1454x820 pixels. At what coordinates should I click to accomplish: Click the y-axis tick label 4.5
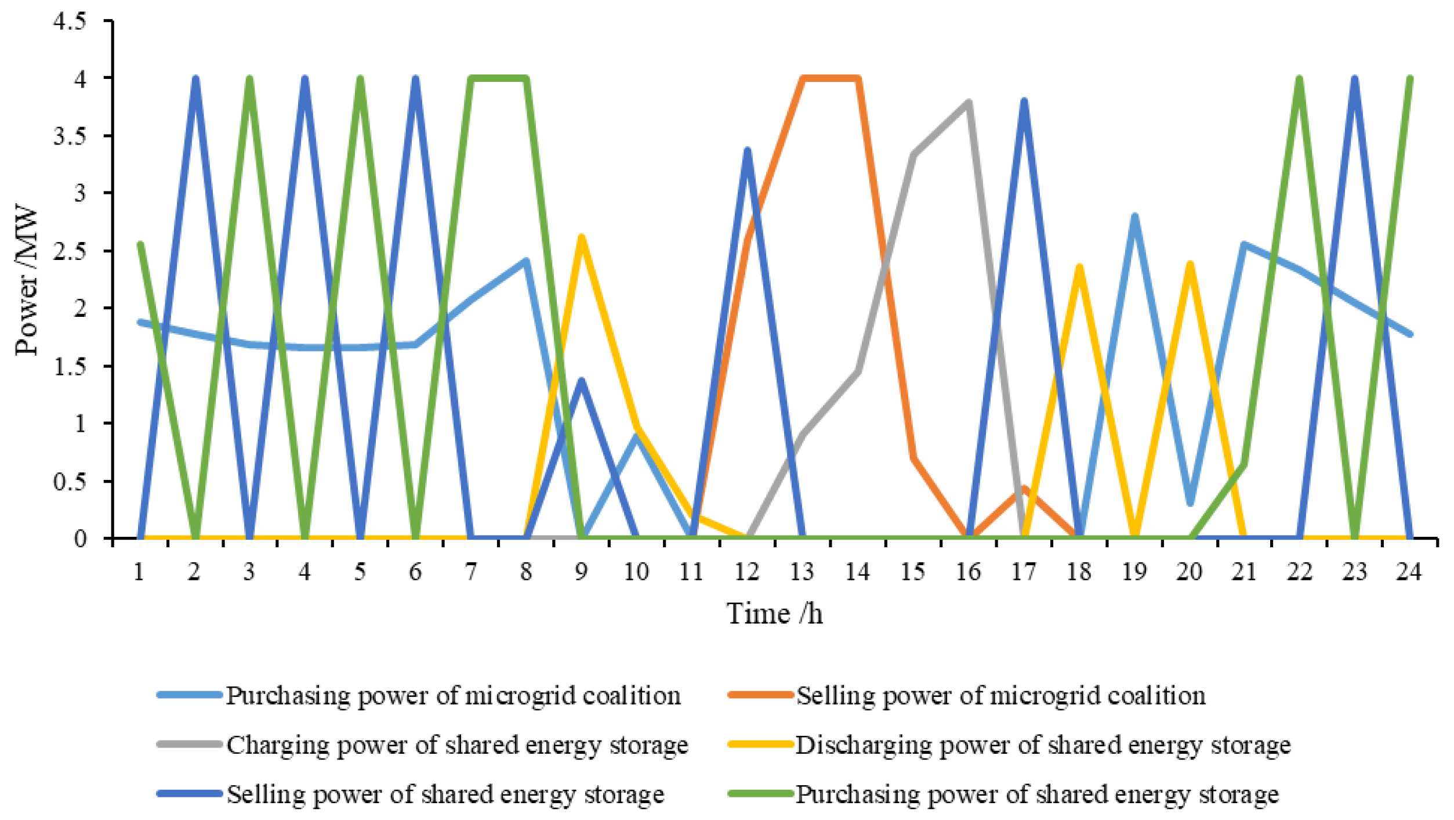point(70,21)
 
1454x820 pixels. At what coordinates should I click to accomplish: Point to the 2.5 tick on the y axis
point(70,251)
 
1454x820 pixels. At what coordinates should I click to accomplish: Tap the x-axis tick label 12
point(747,572)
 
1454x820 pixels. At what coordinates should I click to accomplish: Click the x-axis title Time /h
point(774,614)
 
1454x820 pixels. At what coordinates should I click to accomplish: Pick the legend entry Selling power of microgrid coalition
point(1000,695)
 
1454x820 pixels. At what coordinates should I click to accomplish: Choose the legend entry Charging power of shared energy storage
point(457,745)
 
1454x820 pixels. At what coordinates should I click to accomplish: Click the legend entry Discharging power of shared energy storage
point(1042,745)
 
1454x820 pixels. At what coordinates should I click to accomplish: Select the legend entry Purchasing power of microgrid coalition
point(453,695)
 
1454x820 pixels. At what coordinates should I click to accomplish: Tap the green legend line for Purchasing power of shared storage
point(760,794)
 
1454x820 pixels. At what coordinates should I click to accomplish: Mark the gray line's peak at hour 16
point(969,103)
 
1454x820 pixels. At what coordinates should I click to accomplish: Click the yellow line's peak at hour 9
point(581,237)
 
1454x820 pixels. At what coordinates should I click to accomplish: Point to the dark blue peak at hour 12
point(748,150)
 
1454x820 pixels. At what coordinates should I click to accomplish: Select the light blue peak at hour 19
point(1135,216)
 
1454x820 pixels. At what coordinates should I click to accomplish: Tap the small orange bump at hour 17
point(1024,489)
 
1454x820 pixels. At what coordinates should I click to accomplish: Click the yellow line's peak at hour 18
point(1079,267)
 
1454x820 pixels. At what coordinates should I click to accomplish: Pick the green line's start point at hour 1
point(140,244)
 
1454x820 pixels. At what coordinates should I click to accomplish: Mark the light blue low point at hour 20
point(1190,503)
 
